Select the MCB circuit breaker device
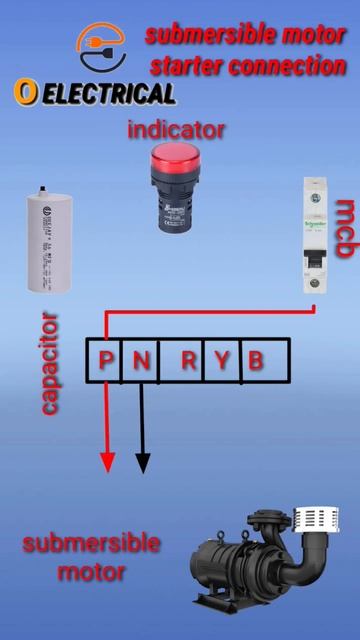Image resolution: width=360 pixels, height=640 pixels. pos(316,236)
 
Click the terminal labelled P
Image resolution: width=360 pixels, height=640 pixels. pos(106,360)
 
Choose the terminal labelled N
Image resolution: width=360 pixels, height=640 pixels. pos(141,360)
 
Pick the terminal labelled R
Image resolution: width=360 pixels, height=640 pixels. pos(188,360)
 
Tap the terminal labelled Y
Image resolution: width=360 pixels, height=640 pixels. pos(221,360)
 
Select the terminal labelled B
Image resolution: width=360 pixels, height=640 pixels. pos(255,360)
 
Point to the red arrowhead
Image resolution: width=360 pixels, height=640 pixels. pos(107,463)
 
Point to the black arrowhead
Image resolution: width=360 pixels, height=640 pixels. pos(142,463)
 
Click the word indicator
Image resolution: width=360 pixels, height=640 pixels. pos(176,130)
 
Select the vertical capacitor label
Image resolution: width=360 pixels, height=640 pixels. pos(49,364)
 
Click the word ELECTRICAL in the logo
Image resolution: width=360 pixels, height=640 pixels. pos(109,94)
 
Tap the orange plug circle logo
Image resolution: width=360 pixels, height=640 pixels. pos(101,48)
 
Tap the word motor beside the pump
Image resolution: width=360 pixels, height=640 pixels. pos(91,572)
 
